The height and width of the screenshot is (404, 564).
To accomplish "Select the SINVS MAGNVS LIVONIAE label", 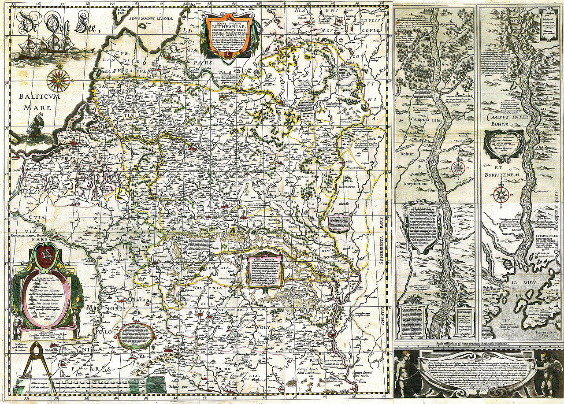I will coord(150,19).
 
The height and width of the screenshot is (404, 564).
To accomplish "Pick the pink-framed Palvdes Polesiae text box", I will coord(265,273).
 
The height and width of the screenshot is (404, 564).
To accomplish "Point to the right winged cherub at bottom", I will coord(549,372).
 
